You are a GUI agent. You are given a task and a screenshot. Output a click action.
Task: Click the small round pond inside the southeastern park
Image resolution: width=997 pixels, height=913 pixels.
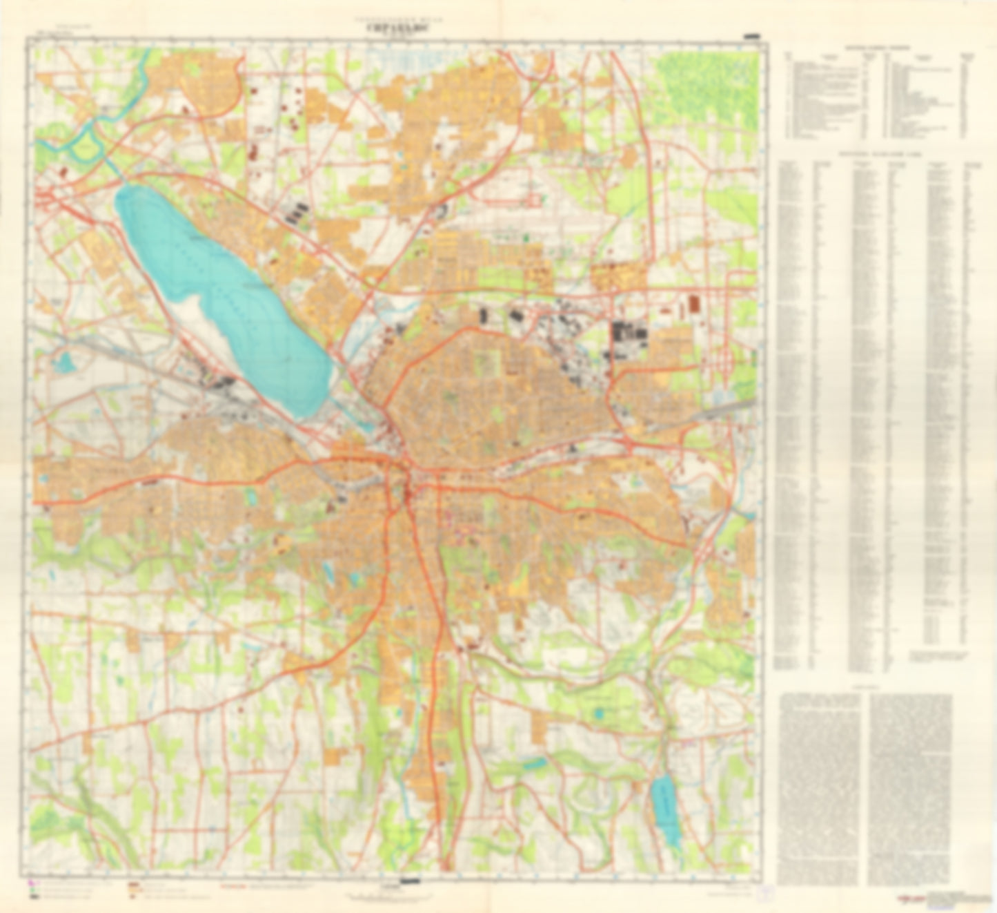coord(599,711)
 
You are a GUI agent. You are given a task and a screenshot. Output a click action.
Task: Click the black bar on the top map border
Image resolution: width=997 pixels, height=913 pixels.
coord(751,35)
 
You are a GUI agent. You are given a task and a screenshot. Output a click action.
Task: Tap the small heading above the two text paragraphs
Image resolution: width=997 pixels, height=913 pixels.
coord(867,687)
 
